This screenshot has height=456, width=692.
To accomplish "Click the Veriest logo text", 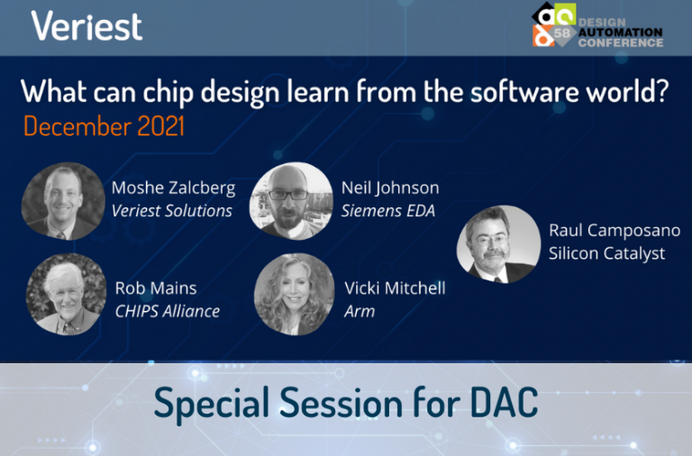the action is (86, 26).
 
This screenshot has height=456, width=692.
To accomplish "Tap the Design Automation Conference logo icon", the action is (554, 24).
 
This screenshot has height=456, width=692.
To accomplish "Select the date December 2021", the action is (104, 126).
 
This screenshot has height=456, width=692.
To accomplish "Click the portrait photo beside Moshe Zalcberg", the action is (63, 201).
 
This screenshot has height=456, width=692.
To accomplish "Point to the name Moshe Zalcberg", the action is (173, 188).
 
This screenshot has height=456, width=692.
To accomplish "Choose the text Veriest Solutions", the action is (172, 211).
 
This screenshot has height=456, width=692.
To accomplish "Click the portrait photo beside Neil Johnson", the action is (291, 201).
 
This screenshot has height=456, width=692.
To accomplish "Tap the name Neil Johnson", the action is (390, 188).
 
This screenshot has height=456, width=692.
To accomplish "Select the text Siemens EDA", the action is (388, 211).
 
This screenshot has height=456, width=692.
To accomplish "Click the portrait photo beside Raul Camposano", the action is (498, 243).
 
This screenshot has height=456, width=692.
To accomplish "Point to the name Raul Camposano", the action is (615, 231).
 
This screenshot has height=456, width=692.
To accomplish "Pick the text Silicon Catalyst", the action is (606, 254).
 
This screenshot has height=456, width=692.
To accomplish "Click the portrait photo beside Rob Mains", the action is (66, 295).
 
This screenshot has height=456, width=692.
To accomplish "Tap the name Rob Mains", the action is (156, 288).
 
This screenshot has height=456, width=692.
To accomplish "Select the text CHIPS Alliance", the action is (168, 312).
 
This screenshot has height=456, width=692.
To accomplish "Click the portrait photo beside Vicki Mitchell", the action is (294, 295).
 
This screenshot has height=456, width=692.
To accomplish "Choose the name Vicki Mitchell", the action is (395, 288).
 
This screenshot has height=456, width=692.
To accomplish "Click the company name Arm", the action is (360, 312).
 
